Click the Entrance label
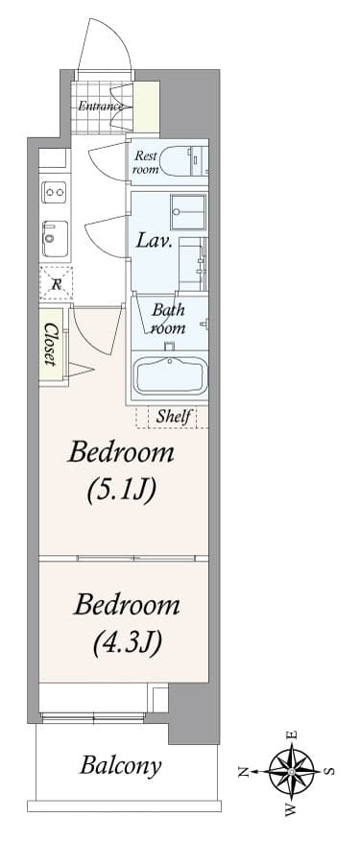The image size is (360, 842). pos(101,106)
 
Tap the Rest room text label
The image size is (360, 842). pos(145,161)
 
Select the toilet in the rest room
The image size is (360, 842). pos(180,159)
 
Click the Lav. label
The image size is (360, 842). pos(154,240)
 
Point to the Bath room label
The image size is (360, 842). pos(168,319)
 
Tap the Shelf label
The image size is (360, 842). pos(175,417)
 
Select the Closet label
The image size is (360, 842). pos(51,343)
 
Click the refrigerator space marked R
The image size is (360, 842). pos(54,283)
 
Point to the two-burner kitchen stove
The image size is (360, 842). pos(54,193)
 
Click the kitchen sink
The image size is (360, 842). pos(53,235)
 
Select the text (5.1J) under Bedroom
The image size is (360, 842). pos(121,491)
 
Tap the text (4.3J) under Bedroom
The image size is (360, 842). pos(127,641)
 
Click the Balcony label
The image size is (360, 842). pos(120,766)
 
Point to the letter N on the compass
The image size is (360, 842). pos(244,771)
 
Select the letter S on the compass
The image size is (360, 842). pos(329,771)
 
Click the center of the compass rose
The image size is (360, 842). pos(292,771)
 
